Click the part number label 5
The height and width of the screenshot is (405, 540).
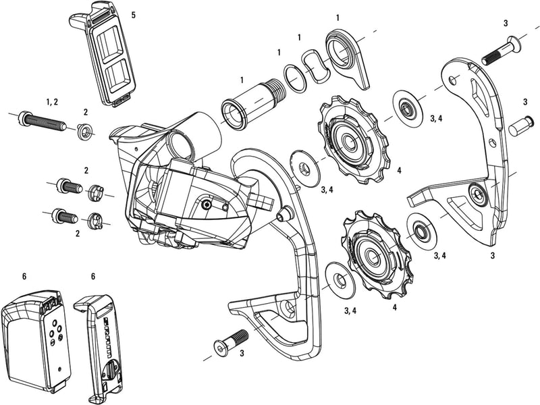coord(134,14)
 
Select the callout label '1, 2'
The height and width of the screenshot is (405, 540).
coord(52,101)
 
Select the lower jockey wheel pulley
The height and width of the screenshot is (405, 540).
coord(373,253)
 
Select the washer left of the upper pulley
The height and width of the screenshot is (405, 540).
coord(306,165)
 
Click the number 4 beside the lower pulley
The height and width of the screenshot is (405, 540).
coord(394,307)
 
